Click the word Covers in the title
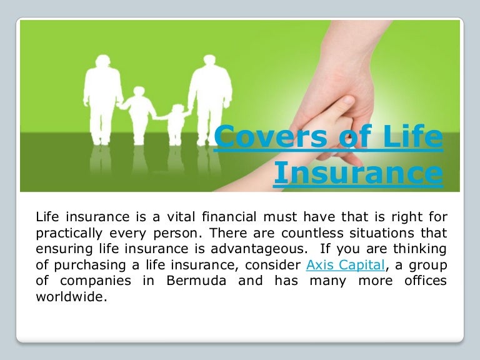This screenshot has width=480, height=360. tap(271, 136)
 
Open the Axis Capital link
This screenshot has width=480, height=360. tap(345, 265)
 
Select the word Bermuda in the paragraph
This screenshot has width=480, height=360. tap(196, 281)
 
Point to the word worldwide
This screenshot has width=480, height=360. tap(72, 296)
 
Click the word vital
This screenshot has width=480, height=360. tap(181, 217)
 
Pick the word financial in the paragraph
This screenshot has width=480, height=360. tap(229, 217)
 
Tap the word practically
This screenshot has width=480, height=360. tap(69, 234)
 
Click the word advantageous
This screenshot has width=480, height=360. tap(259, 249)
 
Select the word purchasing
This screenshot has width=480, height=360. tap(90, 266)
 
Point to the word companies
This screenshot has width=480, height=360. tap(96, 281)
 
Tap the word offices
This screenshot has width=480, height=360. tap(426, 281)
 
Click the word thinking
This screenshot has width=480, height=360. tap(420, 249)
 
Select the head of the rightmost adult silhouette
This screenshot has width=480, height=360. tap(209, 61)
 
